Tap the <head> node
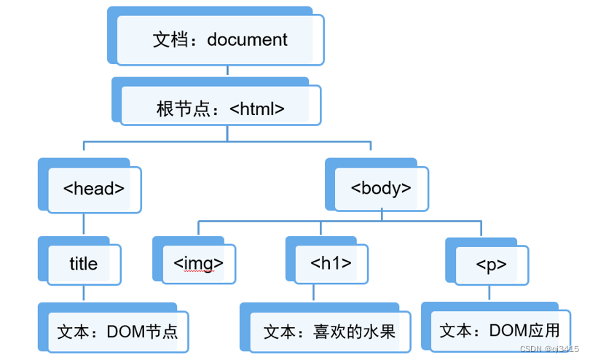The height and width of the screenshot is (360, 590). (x=94, y=189)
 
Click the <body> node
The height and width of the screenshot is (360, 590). (x=381, y=188)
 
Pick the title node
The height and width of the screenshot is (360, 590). (x=84, y=263)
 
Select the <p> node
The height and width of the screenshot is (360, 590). (x=491, y=264)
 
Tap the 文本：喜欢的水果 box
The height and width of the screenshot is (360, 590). (x=329, y=332)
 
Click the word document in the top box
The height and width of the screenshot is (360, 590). (x=247, y=39)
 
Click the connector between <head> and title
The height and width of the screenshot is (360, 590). (x=84, y=225)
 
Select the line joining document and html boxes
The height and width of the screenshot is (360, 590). (x=227, y=71)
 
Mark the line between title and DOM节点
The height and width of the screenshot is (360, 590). (x=84, y=293)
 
